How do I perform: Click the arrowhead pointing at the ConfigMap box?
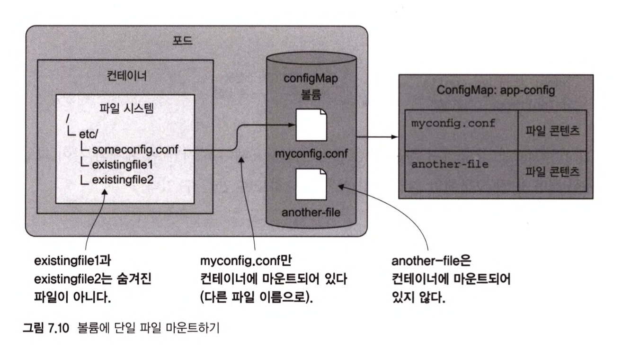[395, 137]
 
